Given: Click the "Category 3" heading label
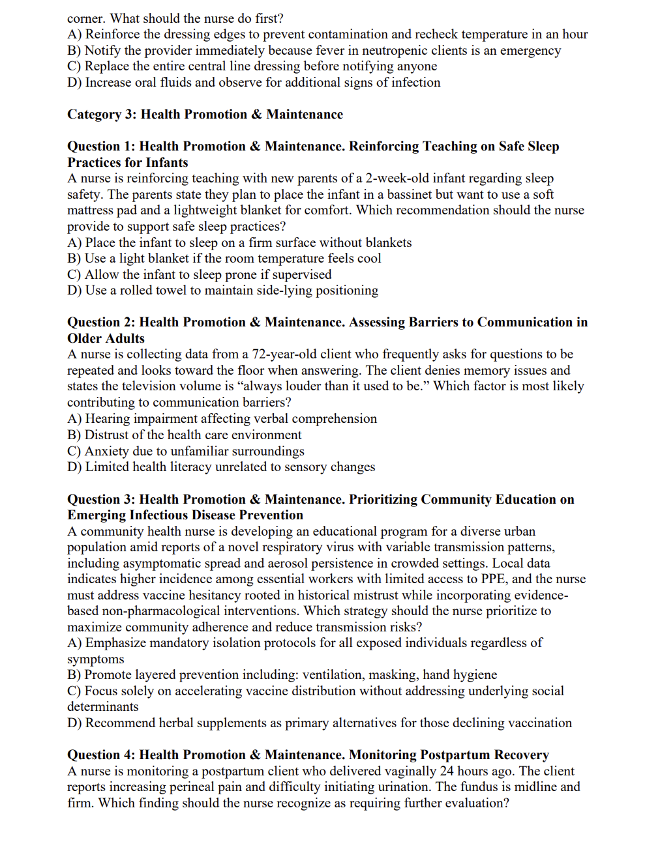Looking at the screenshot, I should [94, 114].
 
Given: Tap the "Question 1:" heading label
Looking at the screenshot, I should [101, 146].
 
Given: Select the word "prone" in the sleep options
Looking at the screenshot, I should [242, 274].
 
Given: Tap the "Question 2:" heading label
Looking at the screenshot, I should [101, 322].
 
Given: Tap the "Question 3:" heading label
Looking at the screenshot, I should [101, 499].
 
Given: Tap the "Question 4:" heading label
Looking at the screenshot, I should [101, 755].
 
